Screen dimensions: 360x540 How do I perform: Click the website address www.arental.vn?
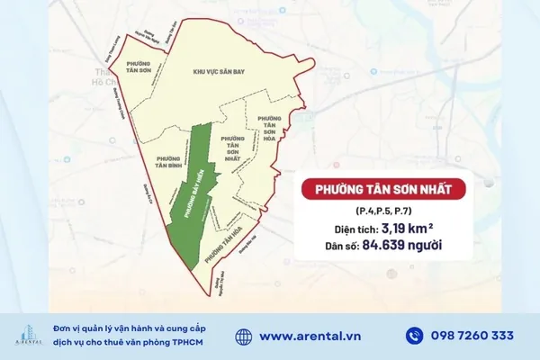pos(311,336)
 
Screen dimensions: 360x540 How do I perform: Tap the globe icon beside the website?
pos(244,336)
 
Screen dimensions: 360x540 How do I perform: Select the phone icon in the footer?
pos(414,336)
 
